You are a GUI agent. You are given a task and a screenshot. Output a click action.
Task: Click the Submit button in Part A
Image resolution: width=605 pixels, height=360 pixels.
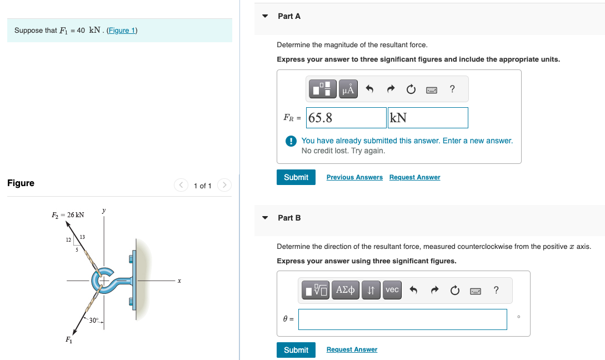[x=296, y=177]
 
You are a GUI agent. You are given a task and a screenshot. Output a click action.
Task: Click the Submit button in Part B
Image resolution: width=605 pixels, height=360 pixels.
[x=296, y=349]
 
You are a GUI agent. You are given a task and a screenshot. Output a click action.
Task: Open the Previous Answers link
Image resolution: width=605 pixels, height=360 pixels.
[x=354, y=177]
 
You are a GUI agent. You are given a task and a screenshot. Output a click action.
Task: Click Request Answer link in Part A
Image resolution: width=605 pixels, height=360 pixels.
[x=414, y=177]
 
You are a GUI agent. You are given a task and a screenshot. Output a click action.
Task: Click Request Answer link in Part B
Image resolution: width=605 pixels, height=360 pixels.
[x=352, y=349]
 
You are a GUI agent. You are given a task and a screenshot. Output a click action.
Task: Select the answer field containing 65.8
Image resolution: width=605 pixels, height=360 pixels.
[x=347, y=118]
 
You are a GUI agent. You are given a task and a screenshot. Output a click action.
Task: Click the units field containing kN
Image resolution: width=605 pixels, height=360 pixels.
[x=428, y=118]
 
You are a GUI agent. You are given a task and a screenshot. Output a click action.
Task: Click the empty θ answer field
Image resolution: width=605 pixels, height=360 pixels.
[x=403, y=319]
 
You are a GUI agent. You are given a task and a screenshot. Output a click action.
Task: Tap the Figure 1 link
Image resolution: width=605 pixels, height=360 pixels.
[x=122, y=30]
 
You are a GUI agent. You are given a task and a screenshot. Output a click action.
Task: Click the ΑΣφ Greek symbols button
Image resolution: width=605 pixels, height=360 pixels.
[x=346, y=289]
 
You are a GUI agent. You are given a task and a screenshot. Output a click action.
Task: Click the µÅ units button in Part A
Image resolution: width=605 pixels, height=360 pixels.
[x=348, y=89]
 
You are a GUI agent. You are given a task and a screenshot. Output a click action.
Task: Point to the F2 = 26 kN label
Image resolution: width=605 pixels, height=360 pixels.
[x=68, y=214]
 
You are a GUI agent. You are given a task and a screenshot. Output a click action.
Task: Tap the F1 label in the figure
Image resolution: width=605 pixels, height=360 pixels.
[x=68, y=339]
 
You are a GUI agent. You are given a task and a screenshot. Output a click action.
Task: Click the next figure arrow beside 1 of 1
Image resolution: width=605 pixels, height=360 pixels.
[x=224, y=185]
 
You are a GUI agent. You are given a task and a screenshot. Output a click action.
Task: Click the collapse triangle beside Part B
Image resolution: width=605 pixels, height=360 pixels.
[x=266, y=218]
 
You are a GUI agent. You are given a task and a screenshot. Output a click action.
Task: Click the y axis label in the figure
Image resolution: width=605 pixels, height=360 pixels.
[x=103, y=211]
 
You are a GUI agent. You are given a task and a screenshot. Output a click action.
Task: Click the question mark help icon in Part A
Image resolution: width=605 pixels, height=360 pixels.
[x=452, y=89]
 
